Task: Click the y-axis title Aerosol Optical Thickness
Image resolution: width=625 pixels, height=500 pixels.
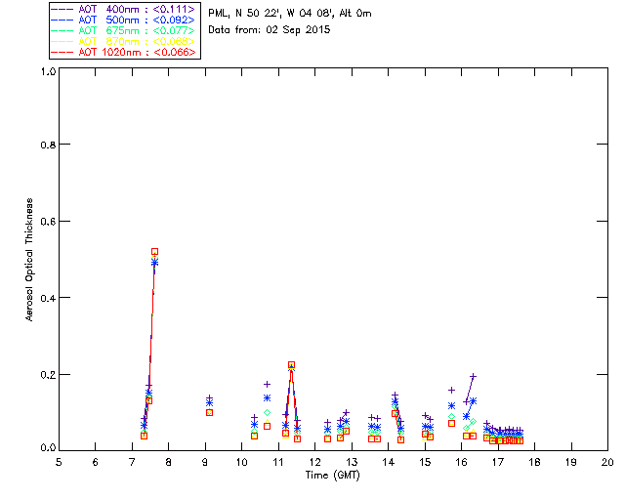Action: (30, 260)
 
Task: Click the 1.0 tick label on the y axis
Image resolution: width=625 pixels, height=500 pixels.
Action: (46, 70)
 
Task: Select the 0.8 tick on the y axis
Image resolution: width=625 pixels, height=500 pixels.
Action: (46, 145)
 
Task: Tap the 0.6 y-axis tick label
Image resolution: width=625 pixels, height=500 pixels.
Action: (46, 222)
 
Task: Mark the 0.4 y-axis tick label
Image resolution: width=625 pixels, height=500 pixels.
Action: (46, 298)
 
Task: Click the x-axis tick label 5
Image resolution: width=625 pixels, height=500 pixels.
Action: (59, 461)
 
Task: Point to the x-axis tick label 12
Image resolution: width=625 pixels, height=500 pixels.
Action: (314, 461)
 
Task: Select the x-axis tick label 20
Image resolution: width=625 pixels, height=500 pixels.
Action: (607, 461)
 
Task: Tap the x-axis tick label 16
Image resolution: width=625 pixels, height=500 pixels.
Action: (461, 461)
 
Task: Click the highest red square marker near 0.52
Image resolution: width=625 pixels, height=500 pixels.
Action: (154, 252)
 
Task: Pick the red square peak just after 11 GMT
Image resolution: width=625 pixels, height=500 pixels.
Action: (291, 365)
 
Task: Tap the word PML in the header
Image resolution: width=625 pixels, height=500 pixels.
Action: (219, 14)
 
